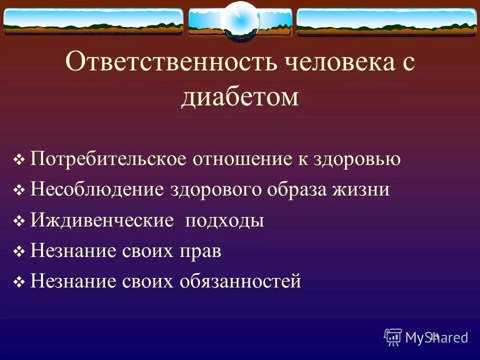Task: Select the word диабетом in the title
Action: pyautogui.click(x=239, y=96)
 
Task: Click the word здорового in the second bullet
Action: pyautogui.click(x=217, y=190)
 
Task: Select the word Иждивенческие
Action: pyautogui.click(x=101, y=221)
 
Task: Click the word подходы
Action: pyautogui.click(x=224, y=221)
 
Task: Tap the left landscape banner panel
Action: pyautogui.click(x=93, y=21)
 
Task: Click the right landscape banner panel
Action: pyautogui.click(x=386, y=21)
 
